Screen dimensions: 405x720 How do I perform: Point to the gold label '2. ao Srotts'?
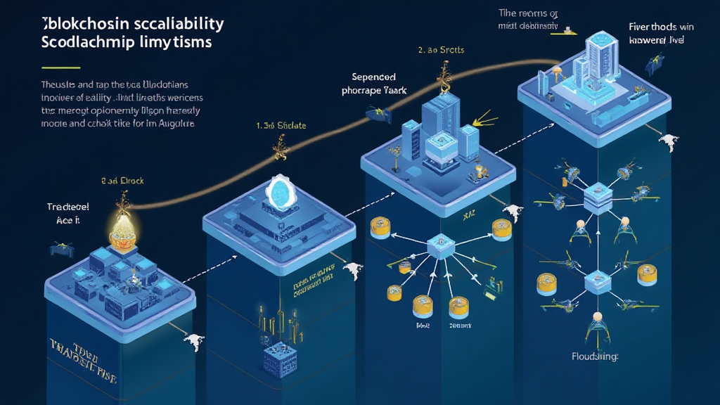click(x=441, y=51)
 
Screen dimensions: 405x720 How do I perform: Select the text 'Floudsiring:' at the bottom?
click(x=594, y=356)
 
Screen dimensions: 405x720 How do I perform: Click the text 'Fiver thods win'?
click(x=661, y=27)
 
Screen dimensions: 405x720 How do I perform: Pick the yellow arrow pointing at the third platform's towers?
click(x=483, y=120)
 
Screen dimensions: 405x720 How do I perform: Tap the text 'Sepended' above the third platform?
click(x=375, y=77)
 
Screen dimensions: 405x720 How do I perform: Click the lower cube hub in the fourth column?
click(x=595, y=281)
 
